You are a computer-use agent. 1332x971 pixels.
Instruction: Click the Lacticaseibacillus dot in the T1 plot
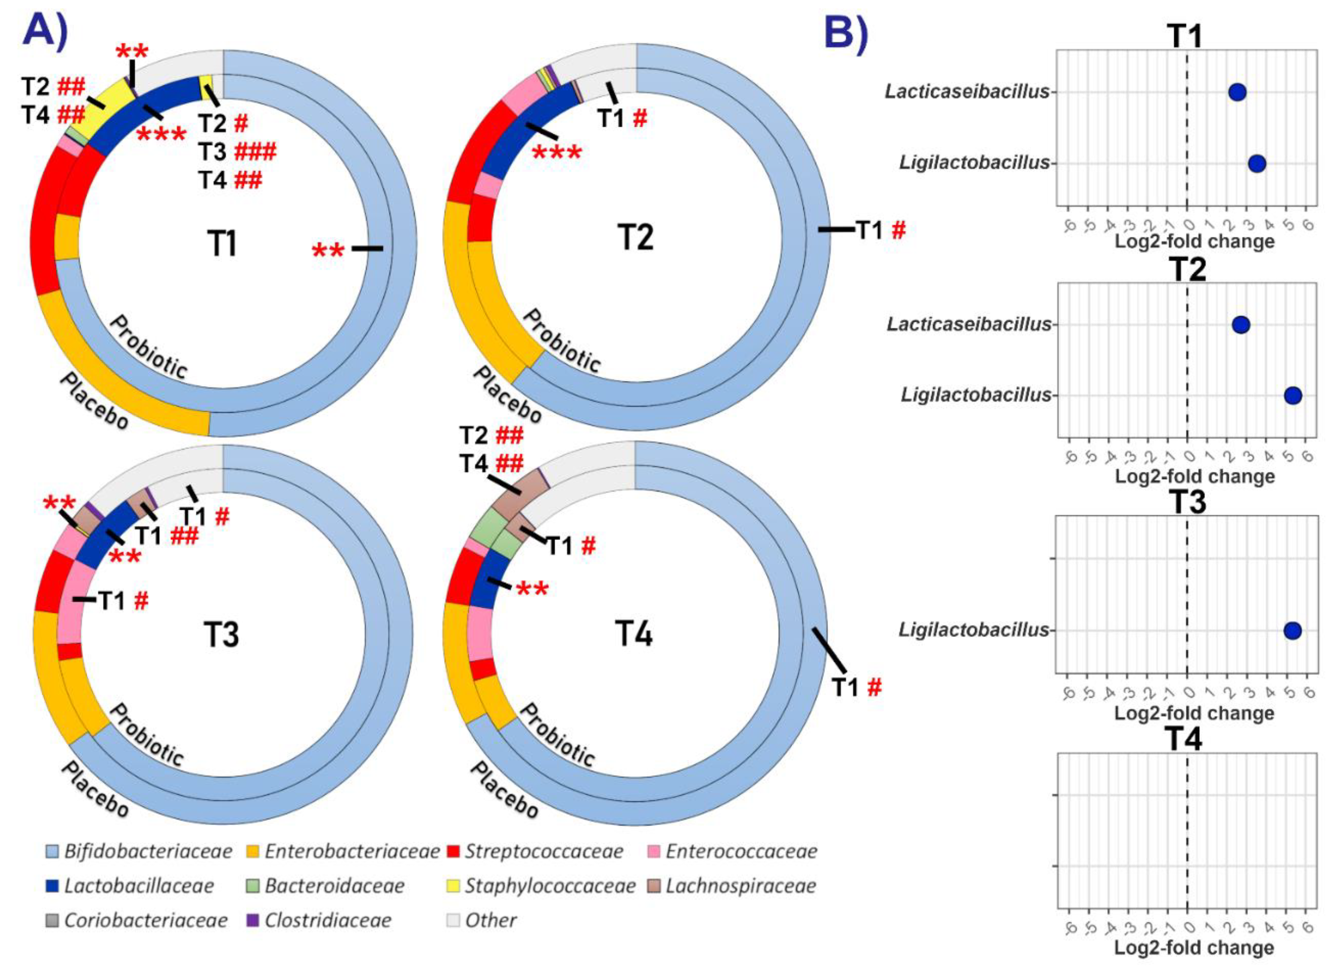[1237, 92]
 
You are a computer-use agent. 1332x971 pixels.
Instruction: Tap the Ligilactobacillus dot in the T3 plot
[1292, 631]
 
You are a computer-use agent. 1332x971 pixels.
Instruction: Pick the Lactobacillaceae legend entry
[130, 886]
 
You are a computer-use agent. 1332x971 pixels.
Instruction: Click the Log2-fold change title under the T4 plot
[1194, 947]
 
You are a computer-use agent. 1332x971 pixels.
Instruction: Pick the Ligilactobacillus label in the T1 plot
[974, 163]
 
